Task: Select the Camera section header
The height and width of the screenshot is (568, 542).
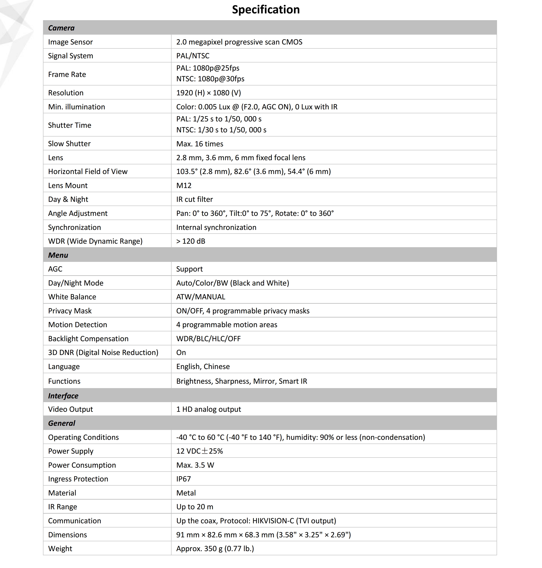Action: (x=61, y=28)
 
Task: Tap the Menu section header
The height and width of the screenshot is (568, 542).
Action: (x=58, y=255)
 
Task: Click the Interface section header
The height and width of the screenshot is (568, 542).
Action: (x=63, y=396)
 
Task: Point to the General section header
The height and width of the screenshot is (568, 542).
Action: (x=62, y=423)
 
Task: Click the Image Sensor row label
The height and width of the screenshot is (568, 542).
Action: (x=70, y=42)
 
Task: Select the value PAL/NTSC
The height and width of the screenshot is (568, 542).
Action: (x=193, y=56)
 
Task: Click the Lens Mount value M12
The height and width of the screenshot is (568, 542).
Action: (x=184, y=185)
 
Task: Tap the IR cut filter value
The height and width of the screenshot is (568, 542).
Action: (x=194, y=199)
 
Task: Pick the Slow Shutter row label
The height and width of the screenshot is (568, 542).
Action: (x=69, y=144)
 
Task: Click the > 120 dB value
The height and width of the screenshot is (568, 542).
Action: (x=191, y=241)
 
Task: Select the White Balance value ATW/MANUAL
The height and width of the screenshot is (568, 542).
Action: (x=200, y=297)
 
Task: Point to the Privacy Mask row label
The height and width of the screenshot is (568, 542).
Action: (x=70, y=311)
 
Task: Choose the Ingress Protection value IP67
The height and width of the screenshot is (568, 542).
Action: (x=183, y=479)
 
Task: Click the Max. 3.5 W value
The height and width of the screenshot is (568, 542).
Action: (x=195, y=465)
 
